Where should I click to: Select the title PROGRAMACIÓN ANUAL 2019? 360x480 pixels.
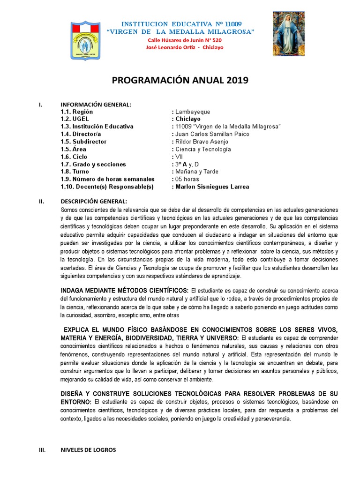pyautogui.click(x=180, y=81)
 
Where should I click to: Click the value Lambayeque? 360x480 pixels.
pyautogui.click(x=193, y=112)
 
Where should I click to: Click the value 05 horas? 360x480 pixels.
pyautogui.click(x=187, y=179)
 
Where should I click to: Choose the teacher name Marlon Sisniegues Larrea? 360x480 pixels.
pyautogui.click(x=212, y=187)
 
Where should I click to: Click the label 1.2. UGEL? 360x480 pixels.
pyautogui.click(x=75, y=119)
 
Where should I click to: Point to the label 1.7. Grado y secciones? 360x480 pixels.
pyautogui.click(x=93, y=164)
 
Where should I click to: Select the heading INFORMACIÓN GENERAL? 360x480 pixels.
pyautogui.click(x=96, y=104)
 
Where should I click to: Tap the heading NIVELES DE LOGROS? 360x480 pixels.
pyautogui.click(x=88, y=450)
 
